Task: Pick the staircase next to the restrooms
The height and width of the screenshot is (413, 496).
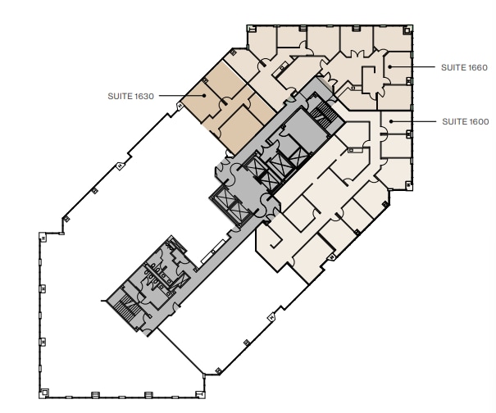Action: [x=128, y=311]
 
